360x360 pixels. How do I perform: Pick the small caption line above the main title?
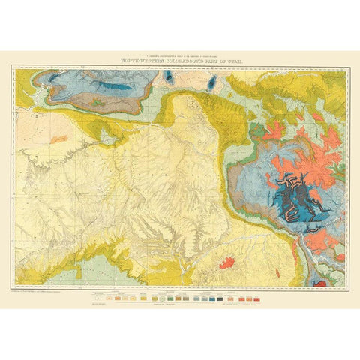[180, 55]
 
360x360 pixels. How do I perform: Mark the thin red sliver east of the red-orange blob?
[274, 268]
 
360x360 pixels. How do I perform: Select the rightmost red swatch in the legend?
[259, 298]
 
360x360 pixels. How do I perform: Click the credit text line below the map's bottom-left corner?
[45, 292]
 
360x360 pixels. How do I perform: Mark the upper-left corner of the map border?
[13, 66]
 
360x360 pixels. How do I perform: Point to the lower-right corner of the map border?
[346, 289]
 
